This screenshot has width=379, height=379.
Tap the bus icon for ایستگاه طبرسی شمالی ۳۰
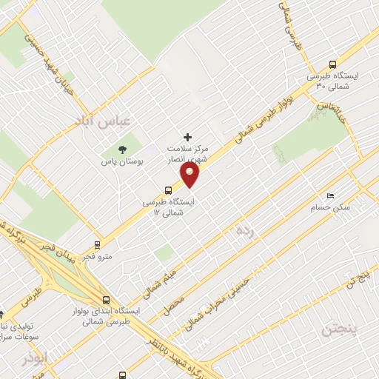tap(332, 64)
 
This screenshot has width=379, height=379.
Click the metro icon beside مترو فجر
tap(97, 245)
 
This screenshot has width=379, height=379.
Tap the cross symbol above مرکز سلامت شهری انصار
tap(187, 137)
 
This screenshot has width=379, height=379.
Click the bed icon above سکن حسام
tap(330, 195)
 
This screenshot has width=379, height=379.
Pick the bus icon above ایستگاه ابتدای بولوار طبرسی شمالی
tap(107, 301)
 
